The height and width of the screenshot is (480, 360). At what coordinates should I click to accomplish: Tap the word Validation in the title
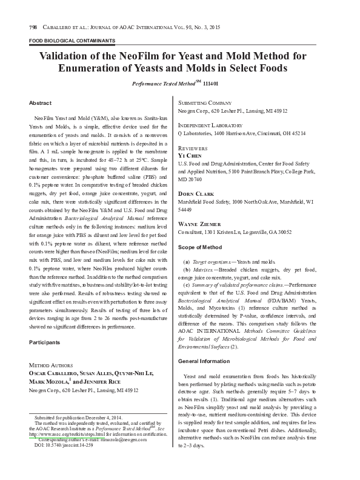click(67, 56)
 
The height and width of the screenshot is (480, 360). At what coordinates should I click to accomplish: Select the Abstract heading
click(40, 104)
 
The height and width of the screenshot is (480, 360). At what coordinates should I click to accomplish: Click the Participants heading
click(45, 342)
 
